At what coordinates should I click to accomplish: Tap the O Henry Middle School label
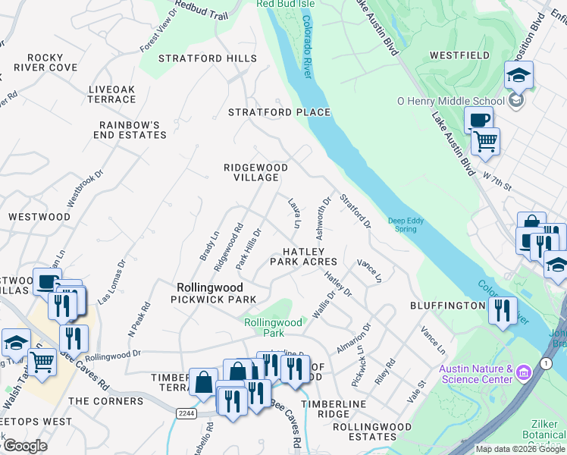click(x=451, y=101)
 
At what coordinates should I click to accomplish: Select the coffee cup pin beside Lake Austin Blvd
click(x=478, y=121)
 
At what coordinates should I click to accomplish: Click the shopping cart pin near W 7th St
click(x=486, y=140)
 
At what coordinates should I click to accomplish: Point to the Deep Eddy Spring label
click(x=403, y=224)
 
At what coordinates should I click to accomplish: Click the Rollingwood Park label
click(x=273, y=327)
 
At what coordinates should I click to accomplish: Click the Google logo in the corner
click(x=25, y=446)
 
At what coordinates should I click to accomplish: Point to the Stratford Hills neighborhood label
click(x=202, y=58)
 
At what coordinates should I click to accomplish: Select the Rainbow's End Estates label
click(x=133, y=130)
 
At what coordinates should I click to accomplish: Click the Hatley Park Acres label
click(x=309, y=256)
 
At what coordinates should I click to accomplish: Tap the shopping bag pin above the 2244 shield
click(x=204, y=382)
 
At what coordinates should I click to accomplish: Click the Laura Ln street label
click(x=294, y=213)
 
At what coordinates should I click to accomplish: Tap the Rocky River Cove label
click(x=52, y=62)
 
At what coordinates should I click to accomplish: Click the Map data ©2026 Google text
click(x=520, y=449)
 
